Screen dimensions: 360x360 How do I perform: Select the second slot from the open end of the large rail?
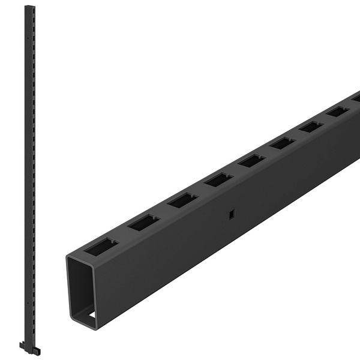click(x=143, y=223)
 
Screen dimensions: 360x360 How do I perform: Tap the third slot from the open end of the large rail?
click(x=182, y=200)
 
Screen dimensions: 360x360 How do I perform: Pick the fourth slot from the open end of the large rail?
click(x=218, y=179)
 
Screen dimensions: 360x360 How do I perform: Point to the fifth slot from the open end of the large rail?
click(x=251, y=160)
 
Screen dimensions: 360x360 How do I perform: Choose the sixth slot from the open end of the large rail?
click(x=282, y=143)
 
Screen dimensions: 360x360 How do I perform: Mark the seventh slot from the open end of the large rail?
click(x=311, y=127)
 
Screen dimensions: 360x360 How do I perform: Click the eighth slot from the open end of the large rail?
click(x=337, y=112)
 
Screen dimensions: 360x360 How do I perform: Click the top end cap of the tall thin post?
click(x=28, y=8)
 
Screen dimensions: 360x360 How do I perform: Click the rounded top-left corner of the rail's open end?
click(x=70, y=257)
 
